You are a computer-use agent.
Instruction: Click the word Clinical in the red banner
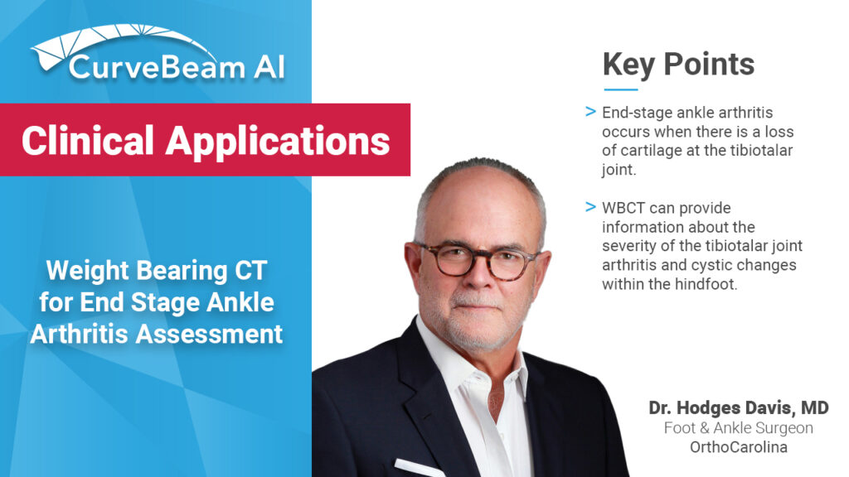(88, 141)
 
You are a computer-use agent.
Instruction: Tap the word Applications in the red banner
(278, 141)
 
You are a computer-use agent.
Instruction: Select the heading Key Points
(678, 64)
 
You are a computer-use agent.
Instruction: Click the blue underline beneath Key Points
(620, 89)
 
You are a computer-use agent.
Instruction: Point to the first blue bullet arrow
(590, 111)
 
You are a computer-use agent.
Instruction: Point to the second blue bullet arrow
(590, 206)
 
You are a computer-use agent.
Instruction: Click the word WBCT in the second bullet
(623, 208)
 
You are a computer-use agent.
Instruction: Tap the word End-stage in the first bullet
(634, 112)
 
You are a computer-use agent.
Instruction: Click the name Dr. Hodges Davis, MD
(739, 408)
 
